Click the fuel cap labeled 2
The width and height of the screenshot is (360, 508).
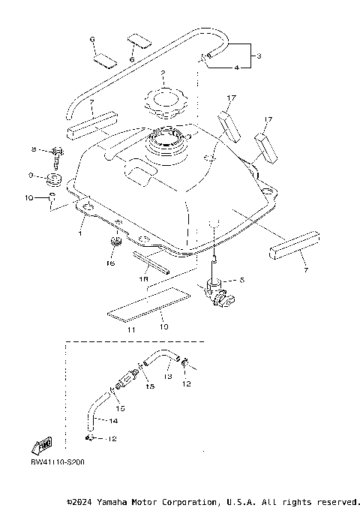pos(162,103)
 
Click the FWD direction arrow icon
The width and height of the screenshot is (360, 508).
pos(40,446)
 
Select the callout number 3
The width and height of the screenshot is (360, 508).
pos(258,56)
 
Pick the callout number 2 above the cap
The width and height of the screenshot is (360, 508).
pos(162,74)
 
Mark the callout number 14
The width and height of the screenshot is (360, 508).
pos(113,420)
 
